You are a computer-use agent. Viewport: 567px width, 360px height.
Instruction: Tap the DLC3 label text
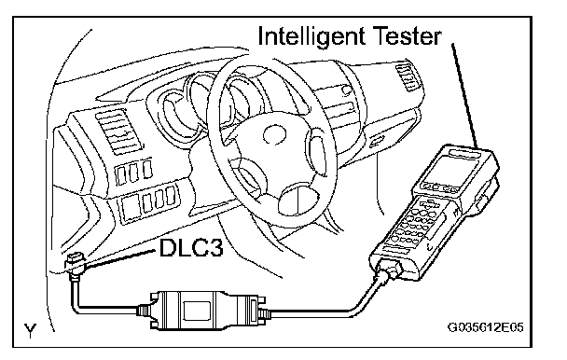[191, 247]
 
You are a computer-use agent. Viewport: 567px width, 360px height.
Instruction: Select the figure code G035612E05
[486, 327]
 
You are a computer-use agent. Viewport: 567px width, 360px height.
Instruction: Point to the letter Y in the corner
[31, 331]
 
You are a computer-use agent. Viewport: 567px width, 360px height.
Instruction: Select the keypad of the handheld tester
[415, 223]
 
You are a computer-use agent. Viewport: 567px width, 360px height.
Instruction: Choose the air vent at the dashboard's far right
[408, 76]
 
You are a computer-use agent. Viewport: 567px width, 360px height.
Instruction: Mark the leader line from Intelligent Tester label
[465, 96]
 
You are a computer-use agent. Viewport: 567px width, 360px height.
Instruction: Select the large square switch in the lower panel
[131, 208]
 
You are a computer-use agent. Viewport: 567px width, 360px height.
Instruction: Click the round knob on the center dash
[346, 90]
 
